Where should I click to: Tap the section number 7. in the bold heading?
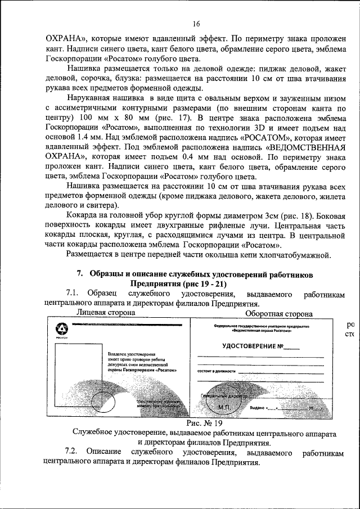[80, 273]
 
